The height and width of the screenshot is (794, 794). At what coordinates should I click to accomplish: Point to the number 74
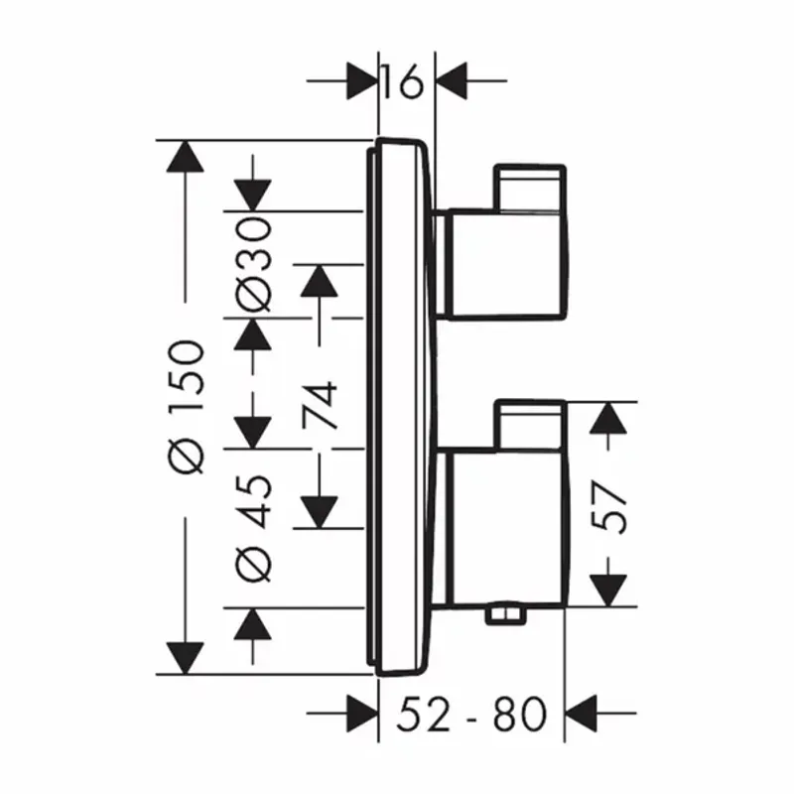pyautogui.click(x=320, y=404)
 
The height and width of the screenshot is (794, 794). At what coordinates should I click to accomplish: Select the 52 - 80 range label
pyautogui.click(x=471, y=712)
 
